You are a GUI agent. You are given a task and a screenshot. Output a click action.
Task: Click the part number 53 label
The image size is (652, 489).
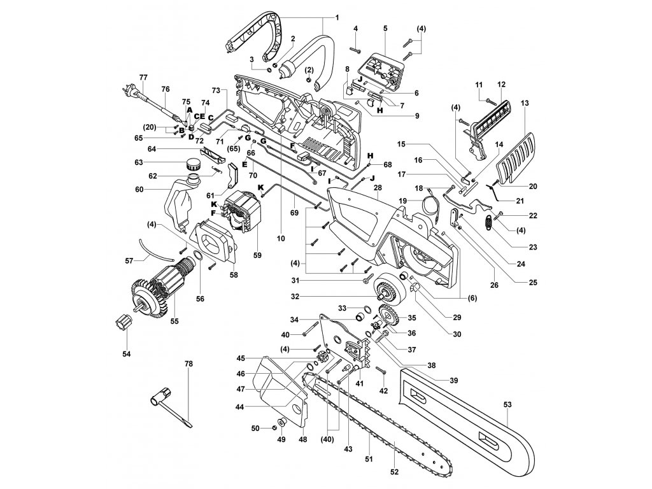pyautogui.click(x=507, y=404)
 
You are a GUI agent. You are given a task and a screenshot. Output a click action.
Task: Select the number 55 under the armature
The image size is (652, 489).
pyautogui.click(x=174, y=322)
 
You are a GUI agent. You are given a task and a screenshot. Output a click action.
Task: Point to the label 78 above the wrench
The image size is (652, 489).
pyautogui.click(x=188, y=363)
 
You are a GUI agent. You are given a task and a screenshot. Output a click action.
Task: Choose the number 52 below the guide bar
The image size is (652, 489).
pyautogui.click(x=394, y=472)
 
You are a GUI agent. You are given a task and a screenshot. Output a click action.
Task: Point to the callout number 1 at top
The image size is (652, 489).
pyautogui.click(x=337, y=17)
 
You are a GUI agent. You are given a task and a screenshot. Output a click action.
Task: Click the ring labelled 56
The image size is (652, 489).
pyautogui.click(x=199, y=259)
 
